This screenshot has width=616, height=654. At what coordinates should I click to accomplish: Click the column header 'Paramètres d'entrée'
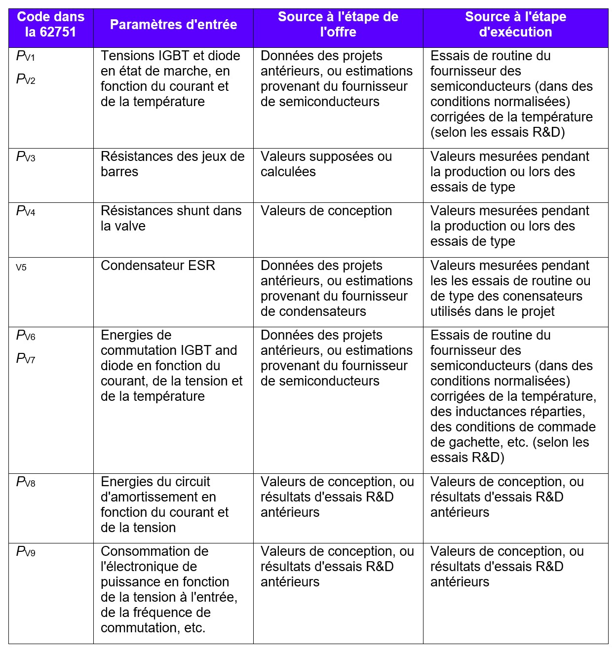[173, 25]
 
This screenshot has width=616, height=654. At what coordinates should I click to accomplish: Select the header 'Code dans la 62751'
[51, 25]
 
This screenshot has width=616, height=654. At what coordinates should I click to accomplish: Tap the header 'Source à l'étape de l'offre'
[338, 25]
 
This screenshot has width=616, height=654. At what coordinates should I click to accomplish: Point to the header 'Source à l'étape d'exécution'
[515, 25]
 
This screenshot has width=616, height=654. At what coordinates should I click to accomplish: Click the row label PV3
[26, 157]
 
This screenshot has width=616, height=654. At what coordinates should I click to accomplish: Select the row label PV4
[26, 211]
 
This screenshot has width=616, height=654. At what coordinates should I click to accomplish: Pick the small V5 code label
[21, 268]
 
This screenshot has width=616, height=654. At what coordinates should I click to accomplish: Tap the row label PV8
[26, 482]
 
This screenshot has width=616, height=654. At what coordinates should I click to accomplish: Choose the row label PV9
[26, 552]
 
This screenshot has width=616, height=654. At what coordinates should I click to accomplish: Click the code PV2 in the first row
[26, 79]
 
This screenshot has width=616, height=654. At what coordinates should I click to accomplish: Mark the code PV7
[26, 358]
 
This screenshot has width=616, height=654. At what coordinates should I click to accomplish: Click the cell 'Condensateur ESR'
[158, 266]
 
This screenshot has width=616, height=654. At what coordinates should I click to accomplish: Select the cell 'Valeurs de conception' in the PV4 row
[326, 211]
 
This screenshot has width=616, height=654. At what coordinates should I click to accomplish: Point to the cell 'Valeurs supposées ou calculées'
[326, 164]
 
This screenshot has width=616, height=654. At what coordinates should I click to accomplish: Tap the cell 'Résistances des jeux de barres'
[172, 164]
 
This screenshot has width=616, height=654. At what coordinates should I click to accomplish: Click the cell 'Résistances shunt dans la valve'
[171, 218]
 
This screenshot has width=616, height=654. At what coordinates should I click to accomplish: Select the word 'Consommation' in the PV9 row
[154, 551]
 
